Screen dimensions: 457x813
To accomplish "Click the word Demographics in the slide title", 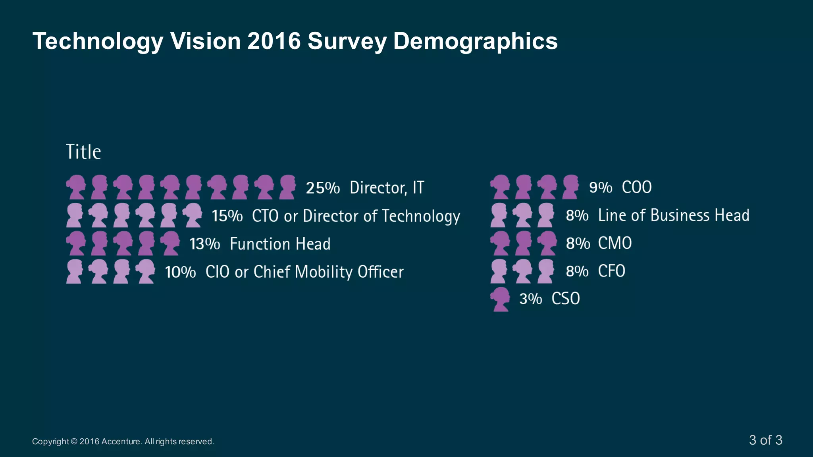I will (x=475, y=41).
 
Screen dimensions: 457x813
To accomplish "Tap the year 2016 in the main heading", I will (x=274, y=41).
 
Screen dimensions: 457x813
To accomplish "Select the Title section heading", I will (x=83, y=152).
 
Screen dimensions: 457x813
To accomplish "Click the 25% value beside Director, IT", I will (x=323, y=188).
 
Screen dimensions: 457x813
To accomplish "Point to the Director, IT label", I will (x=387, y=188).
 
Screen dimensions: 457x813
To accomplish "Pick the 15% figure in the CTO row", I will (x=227, y=216).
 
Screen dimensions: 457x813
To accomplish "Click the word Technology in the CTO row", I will (x=421, y=216).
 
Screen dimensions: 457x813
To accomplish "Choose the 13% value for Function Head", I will (x=205, y=244).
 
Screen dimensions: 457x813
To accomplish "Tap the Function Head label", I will (x=280, y=244).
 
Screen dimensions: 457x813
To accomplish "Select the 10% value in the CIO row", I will (x=180, y=272).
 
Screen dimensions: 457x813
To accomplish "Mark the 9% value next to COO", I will (x=600, y=188).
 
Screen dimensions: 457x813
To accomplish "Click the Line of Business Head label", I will (x=674, y=215).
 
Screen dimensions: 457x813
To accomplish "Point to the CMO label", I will (x=615, y=243).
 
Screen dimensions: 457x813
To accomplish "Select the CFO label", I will (x=611, y=271).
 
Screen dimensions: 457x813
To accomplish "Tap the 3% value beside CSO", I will (x=530, y=299).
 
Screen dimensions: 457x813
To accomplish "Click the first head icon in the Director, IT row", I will (x=76, y=187).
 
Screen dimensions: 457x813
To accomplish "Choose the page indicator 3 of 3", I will (x=765, y=440).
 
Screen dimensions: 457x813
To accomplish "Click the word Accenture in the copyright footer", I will (x=121, y=442).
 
